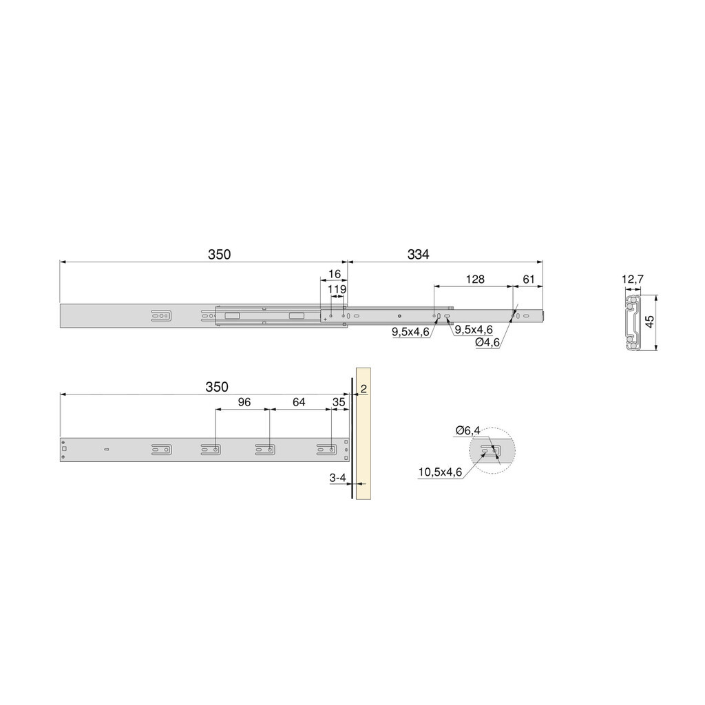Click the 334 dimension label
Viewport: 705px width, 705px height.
[x=418, y=255]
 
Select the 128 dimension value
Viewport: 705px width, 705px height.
[x=475, y=280]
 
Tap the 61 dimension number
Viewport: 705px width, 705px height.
[x=529, y=280]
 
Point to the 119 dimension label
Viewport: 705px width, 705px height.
[x=337, y=290]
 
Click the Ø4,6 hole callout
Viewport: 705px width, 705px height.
[x=488, y=342]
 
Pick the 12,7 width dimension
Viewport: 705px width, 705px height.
[x=633, y=280]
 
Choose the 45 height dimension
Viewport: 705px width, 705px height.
[x=649, y=322]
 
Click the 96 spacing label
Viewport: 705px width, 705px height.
[x=244, y=402]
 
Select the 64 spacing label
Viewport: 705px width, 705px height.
[x=299, y=402]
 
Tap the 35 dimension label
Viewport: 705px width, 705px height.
[x=339, y=402]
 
